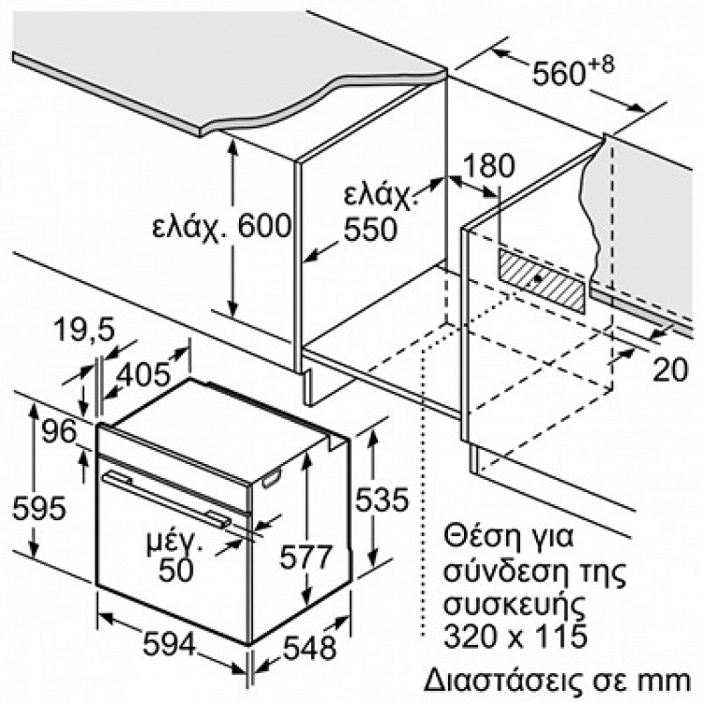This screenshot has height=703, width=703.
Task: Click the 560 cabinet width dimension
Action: [559, 72]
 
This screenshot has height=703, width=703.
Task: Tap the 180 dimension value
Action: [488, 166]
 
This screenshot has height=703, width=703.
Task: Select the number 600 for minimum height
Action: [264, 226]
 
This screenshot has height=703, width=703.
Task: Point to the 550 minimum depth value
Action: [370, 229]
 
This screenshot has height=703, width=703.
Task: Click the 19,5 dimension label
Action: [84, 330]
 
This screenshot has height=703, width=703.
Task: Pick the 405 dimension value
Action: [143, 374]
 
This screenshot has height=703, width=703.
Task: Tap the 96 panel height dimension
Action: [59, 432]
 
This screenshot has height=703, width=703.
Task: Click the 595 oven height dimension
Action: [39, 508]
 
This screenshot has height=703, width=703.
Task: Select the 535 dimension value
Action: [382, 499]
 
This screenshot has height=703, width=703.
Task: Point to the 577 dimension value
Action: [306, 557]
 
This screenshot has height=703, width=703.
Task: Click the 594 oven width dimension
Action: [170, 644]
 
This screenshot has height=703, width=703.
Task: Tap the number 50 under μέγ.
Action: [176, 570]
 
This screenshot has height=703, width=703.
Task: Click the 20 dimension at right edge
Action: [670, 370]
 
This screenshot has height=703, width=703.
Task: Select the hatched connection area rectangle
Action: [542, 280]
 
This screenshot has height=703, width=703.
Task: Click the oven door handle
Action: [167, 497]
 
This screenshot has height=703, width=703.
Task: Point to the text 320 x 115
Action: [516, 635]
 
